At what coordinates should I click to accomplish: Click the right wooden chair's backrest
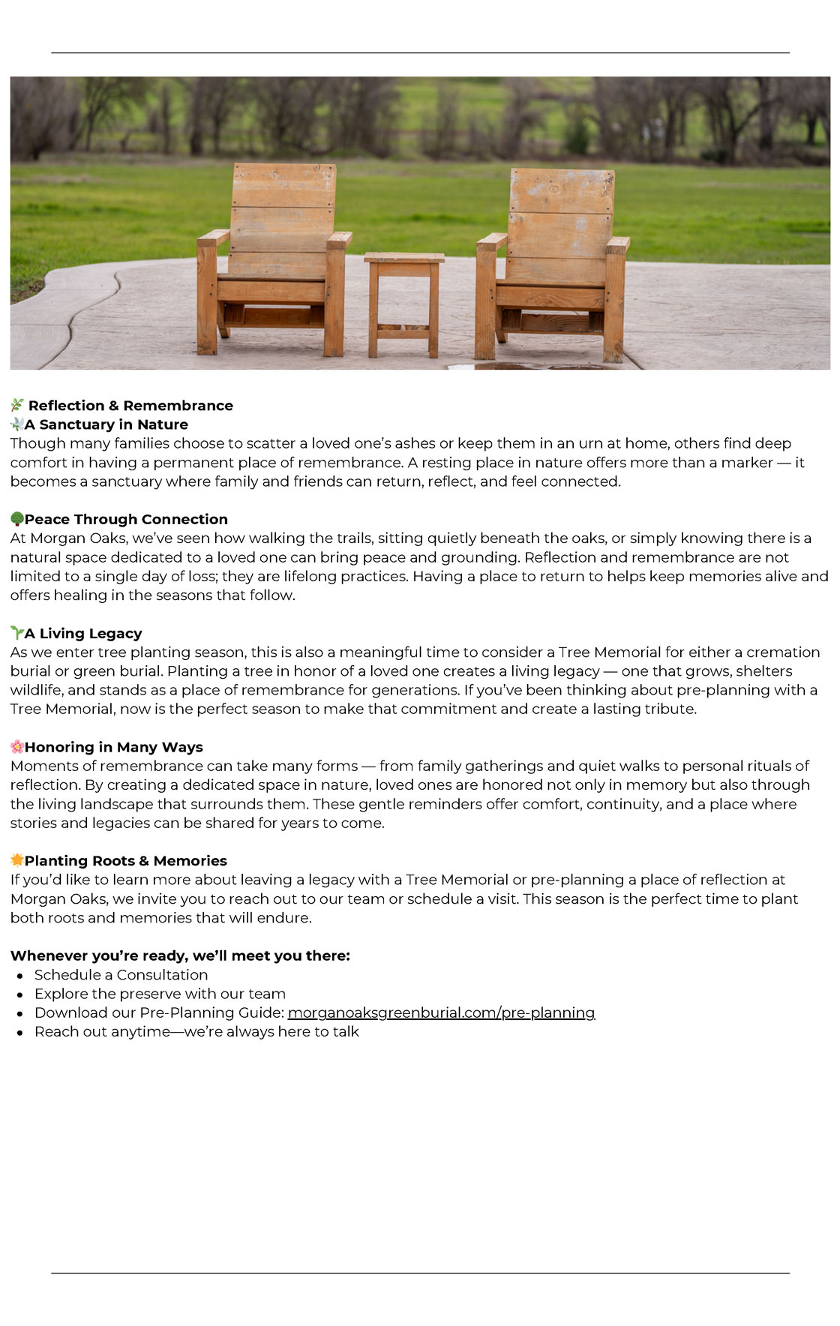[560, 217]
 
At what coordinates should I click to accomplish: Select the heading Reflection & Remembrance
[130, 406]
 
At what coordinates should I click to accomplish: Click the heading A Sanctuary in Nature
[106, 424]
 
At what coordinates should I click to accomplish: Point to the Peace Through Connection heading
[126, 519]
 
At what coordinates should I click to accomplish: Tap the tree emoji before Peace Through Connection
[16, 519]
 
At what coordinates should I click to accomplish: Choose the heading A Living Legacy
[83, 633]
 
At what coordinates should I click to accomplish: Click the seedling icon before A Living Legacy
[16, 632]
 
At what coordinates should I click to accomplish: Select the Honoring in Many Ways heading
[113, 747]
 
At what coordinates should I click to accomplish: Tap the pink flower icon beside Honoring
[16, 746]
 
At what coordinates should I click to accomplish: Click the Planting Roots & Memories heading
[125, 860]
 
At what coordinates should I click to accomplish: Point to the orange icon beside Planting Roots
[16, 859]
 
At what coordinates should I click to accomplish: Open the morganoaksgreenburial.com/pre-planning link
[441, 1012]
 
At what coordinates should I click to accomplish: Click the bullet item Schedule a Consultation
[121, 975]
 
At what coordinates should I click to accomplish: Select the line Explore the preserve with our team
[160, 994]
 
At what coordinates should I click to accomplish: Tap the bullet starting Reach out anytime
[196, 1032]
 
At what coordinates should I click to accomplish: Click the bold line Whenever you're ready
[180, 955]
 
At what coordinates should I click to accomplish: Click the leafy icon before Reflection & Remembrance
[17, 406]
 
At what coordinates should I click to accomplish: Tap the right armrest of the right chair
[619, 244]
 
